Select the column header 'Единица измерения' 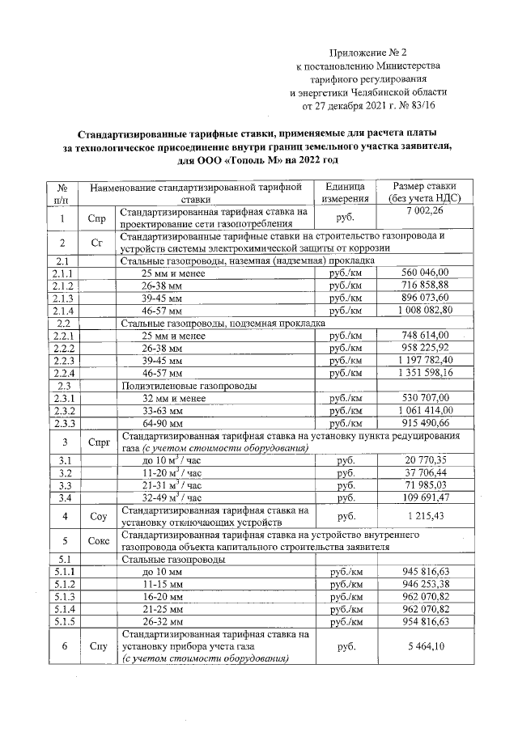coord(346,192)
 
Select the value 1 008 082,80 coord(425,310)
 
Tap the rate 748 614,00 coord(425,335)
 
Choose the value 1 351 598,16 coord(425,372)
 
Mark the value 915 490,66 coord(425,422)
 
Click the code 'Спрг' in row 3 coord(97,442)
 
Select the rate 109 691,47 coord(425,497)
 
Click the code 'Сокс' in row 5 coord(97,541)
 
